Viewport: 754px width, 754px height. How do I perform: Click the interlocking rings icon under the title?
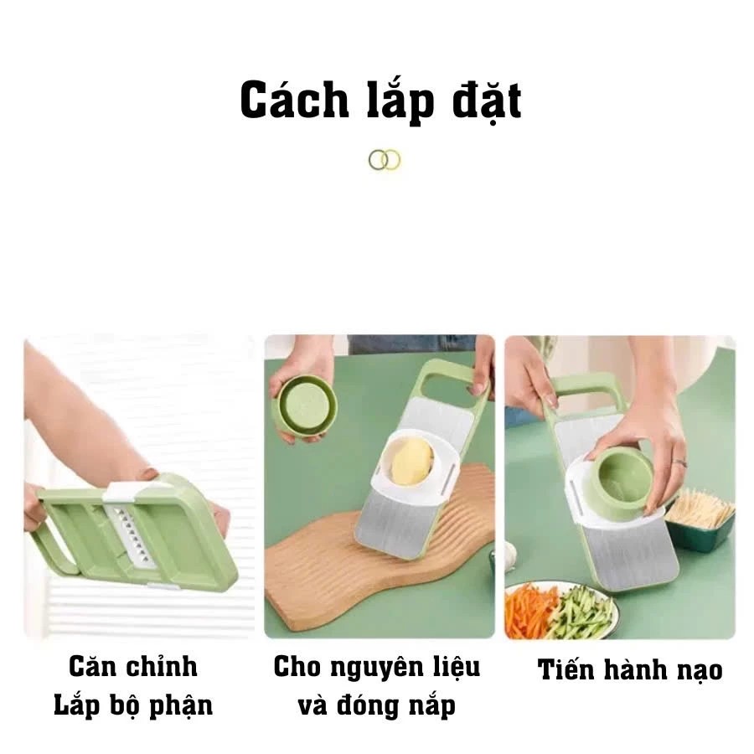[x=385, y=159]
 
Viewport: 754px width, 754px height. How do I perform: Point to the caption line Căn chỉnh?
[x=133, y=667]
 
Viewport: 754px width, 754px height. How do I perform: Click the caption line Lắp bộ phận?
[x=133, y=705]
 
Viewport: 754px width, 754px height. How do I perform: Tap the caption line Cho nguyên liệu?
[x=377, y=667]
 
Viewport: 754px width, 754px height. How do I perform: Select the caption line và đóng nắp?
[x=377, y=705]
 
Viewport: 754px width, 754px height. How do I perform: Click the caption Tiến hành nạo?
[x=630, y=669]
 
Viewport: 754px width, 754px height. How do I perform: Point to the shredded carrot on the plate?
[x=529, y=608]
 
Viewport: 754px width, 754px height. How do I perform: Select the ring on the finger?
[x=679, y=462]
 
